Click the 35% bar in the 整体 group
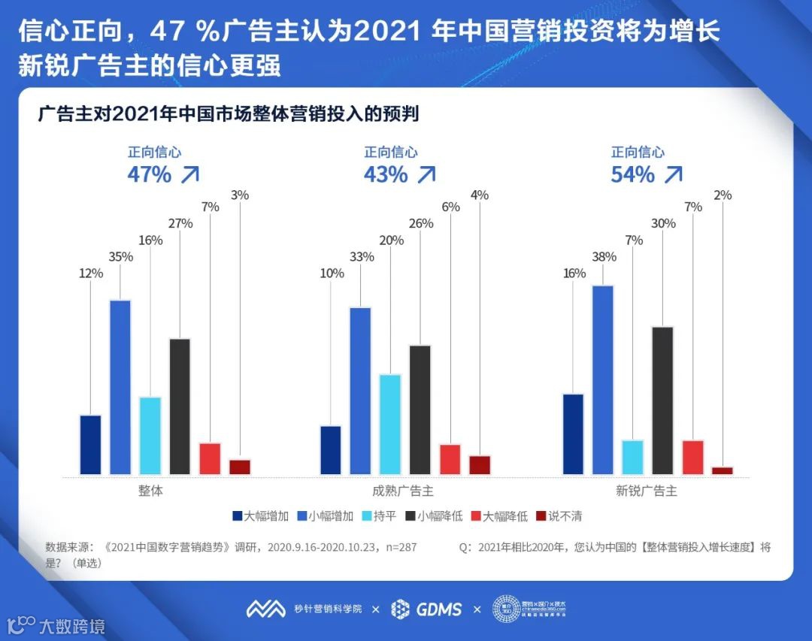point(120,387)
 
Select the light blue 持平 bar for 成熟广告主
point(390,424)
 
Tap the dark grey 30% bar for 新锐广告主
point(662,401)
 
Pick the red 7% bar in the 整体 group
point(210,458)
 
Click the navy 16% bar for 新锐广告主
point(573,434)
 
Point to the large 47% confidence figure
point(149,174)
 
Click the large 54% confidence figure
point(632,174)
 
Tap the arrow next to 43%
point(426,174)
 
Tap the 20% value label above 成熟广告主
point(390,240)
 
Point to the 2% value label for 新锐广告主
point(723,195)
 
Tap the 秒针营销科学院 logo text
point(328,609)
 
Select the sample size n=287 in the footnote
point(400,547)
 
